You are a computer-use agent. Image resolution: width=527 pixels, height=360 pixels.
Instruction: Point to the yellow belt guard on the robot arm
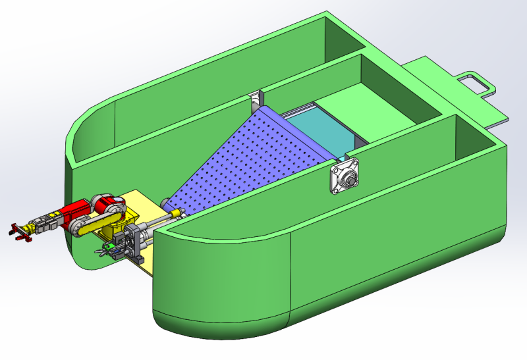[x=92, y=224]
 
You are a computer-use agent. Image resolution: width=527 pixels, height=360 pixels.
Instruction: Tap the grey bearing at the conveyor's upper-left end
[x=255, y=101]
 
